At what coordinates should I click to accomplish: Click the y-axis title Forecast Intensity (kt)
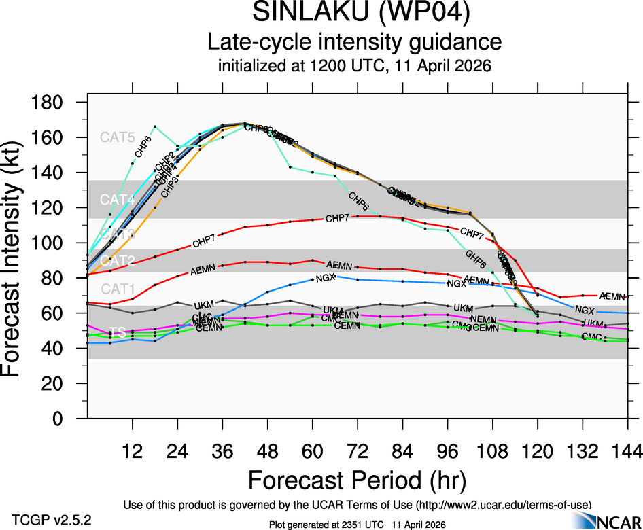[x=18, y=260]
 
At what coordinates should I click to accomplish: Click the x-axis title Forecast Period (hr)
[x=357, y=480]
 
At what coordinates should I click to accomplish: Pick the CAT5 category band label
[x=118, y=137]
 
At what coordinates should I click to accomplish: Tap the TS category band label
[x=118, y=332]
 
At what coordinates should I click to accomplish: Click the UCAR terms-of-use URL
[x=502, y=504]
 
